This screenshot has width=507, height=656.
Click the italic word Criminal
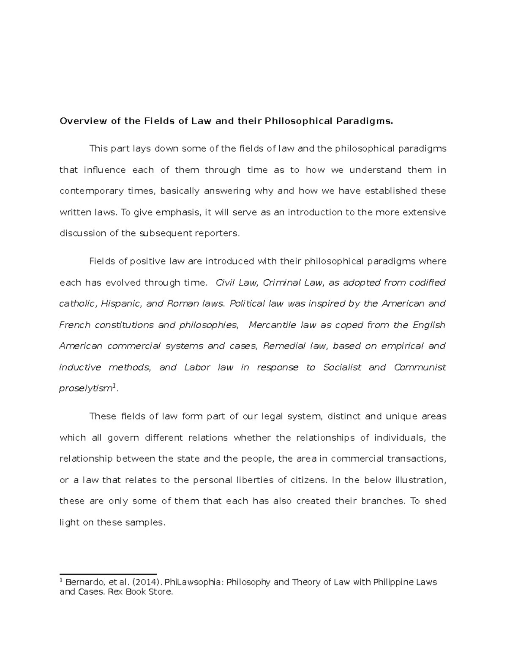point(280,283)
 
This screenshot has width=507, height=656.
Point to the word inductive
point(80,367)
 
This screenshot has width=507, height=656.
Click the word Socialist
point(342,367)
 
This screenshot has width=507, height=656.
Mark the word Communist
point(420,367)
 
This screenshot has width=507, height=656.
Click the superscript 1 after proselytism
point(114,387)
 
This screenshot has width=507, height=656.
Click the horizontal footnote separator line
point(108,574)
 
